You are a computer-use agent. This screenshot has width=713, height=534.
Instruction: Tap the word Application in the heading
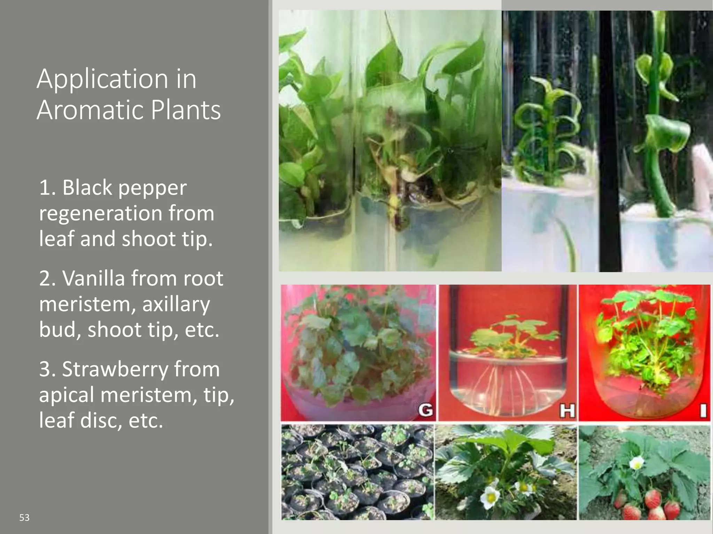pos(102,80)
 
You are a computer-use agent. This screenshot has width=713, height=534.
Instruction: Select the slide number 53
pos(24,518)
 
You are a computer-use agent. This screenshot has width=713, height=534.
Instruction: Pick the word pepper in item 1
pos(152,188)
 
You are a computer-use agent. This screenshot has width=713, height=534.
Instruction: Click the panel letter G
pos(426,410)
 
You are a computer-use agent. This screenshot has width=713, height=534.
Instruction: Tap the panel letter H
pos(567,411)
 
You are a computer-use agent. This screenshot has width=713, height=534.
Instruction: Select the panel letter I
pos(703,411)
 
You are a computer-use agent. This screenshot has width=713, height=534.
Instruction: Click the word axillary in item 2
pos(176,304)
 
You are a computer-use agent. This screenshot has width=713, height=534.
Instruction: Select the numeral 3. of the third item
pos(48,369)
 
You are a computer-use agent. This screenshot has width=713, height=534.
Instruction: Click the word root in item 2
pos(203,278)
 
